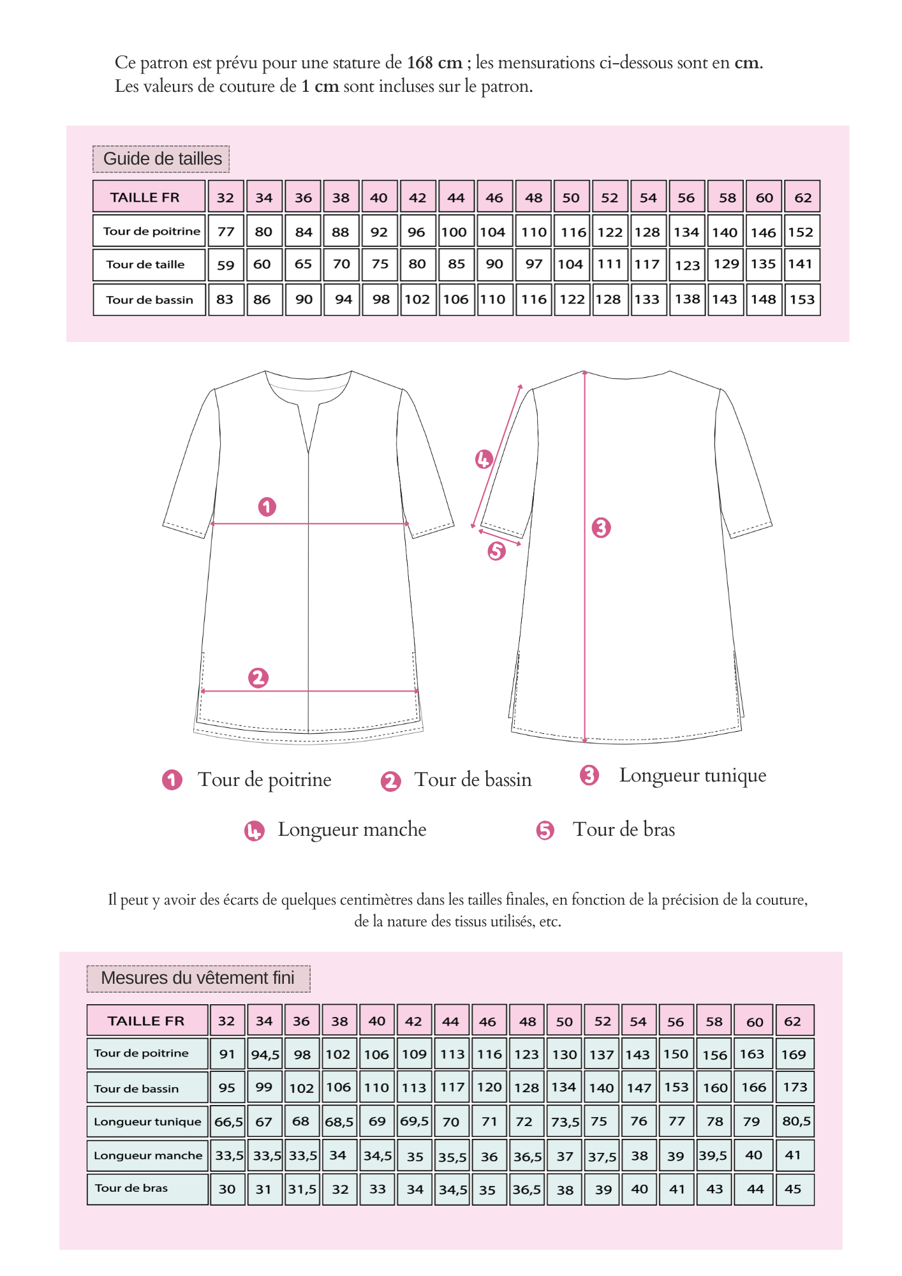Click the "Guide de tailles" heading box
click(x=161, y=159)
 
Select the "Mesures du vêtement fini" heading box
click(x=198, y=978)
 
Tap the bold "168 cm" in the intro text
click(x=434, y=63)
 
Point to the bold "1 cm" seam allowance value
click(x=320, y=86)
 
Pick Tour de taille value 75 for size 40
click(x=380, y=265)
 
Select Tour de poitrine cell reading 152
click(x=801, y=232)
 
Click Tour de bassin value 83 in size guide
click(x=225, y=299)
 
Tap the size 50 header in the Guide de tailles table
click(x=571, y=198)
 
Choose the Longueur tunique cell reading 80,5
click(x=795, y=1121)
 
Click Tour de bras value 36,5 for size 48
click(x=527, y=1189)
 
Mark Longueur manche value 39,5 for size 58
click(x=714, y=1155)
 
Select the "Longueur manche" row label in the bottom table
click(x=147, y=1155)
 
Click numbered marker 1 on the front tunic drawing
click(x=267, y=507)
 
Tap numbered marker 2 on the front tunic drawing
click(x=258, y=678)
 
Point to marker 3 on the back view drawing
click(x=601, y=528)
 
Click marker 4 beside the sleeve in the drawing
click(x=484, y=459)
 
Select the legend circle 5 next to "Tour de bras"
click(x=545, y=830)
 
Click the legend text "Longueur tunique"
click(x=692, y=775)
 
